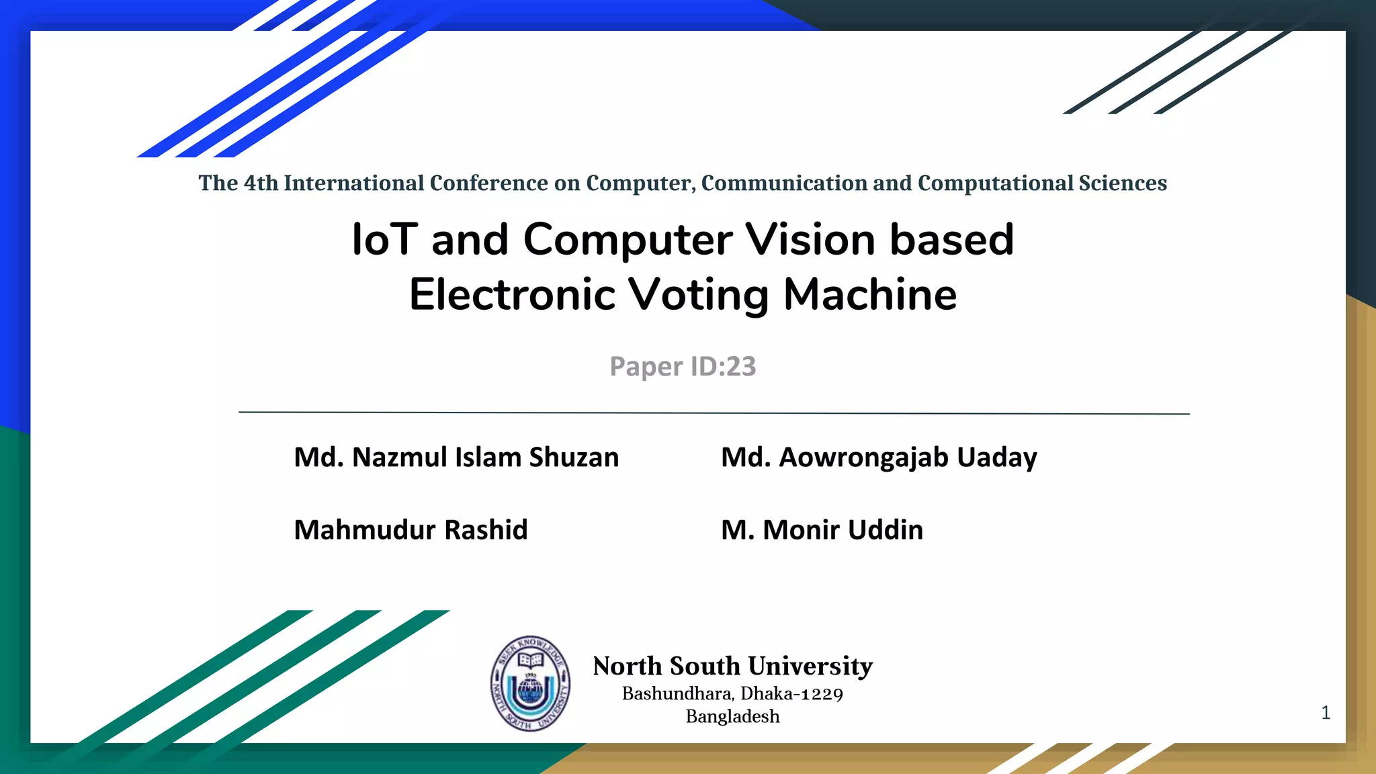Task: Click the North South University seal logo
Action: [530, 683]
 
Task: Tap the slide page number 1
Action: [1326, 713]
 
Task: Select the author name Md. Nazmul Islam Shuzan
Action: [456, 458]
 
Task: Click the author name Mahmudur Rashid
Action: [411, 530]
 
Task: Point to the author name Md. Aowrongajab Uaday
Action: [879, 458]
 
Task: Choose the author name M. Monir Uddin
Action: [822, 530]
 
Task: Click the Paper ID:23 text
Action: [683, 367]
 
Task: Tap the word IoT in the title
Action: [384, 240]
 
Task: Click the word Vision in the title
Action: [810, 240]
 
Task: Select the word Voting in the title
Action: [698, 295]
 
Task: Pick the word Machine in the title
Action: [870, 295]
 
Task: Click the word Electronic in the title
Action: [512, 295]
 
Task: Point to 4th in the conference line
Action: [261, 183]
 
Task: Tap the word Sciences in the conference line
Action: [1123, 183]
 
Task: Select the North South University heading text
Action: [732, 666]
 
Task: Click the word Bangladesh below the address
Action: [732, 717]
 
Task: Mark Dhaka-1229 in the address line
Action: [792, 694]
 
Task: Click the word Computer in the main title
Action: [628, 240]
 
